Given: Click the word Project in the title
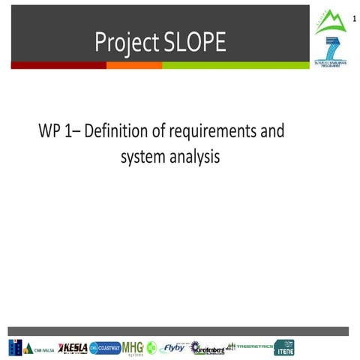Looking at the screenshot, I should pos(124,43).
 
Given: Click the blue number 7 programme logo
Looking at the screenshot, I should pos(329,49).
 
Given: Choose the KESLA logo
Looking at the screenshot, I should pos(73,348).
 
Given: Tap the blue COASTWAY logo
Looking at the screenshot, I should pos(105,348).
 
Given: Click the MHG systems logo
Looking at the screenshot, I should pos(133,348).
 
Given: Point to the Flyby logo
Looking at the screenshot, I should pos(173,348).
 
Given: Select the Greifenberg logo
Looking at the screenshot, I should pos(207,348).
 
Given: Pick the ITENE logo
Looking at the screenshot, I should pos(284,348).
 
